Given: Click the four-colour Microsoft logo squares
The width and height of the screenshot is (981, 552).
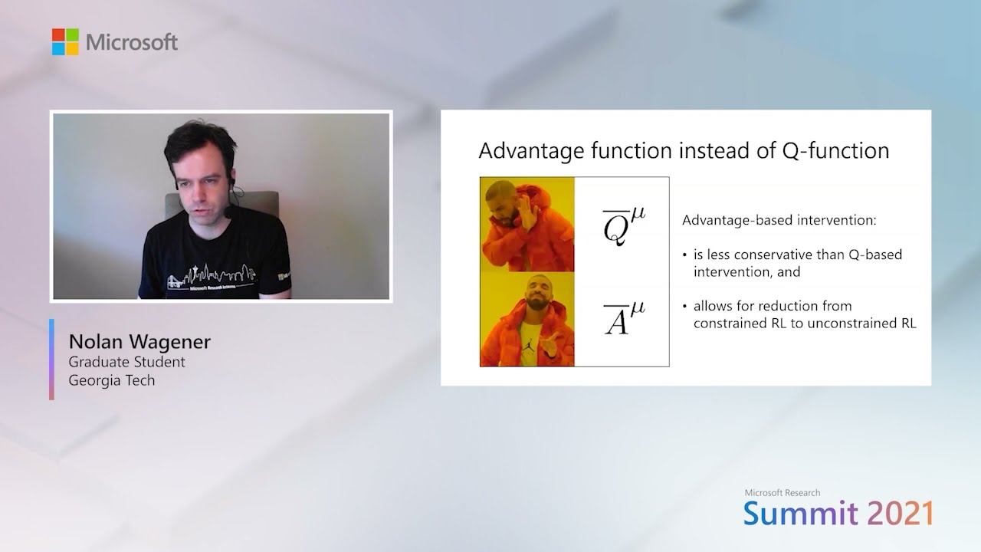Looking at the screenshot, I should coord(65,41).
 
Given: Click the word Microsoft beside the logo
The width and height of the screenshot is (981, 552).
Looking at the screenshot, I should coord(132,42).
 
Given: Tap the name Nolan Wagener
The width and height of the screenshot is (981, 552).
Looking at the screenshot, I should coord(139,342).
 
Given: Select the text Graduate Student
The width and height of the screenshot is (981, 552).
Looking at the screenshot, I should coord(126,362).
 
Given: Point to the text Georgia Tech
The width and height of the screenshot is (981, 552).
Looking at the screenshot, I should coord(111,380).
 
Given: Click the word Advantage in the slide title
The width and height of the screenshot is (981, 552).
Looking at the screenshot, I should coord(524,150).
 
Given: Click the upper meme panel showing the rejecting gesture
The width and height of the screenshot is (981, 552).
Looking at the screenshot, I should coord(527,225).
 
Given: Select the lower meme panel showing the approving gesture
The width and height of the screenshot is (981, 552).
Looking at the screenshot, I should coord(527,320).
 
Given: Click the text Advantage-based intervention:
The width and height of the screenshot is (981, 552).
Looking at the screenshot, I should coord(779,221).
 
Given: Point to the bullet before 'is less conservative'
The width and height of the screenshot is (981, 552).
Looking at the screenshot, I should coord(685,255).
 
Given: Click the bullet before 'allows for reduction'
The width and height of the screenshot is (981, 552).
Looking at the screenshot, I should coord(685,306).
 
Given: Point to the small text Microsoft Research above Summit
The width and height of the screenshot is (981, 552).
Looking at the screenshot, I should coord(782,493).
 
